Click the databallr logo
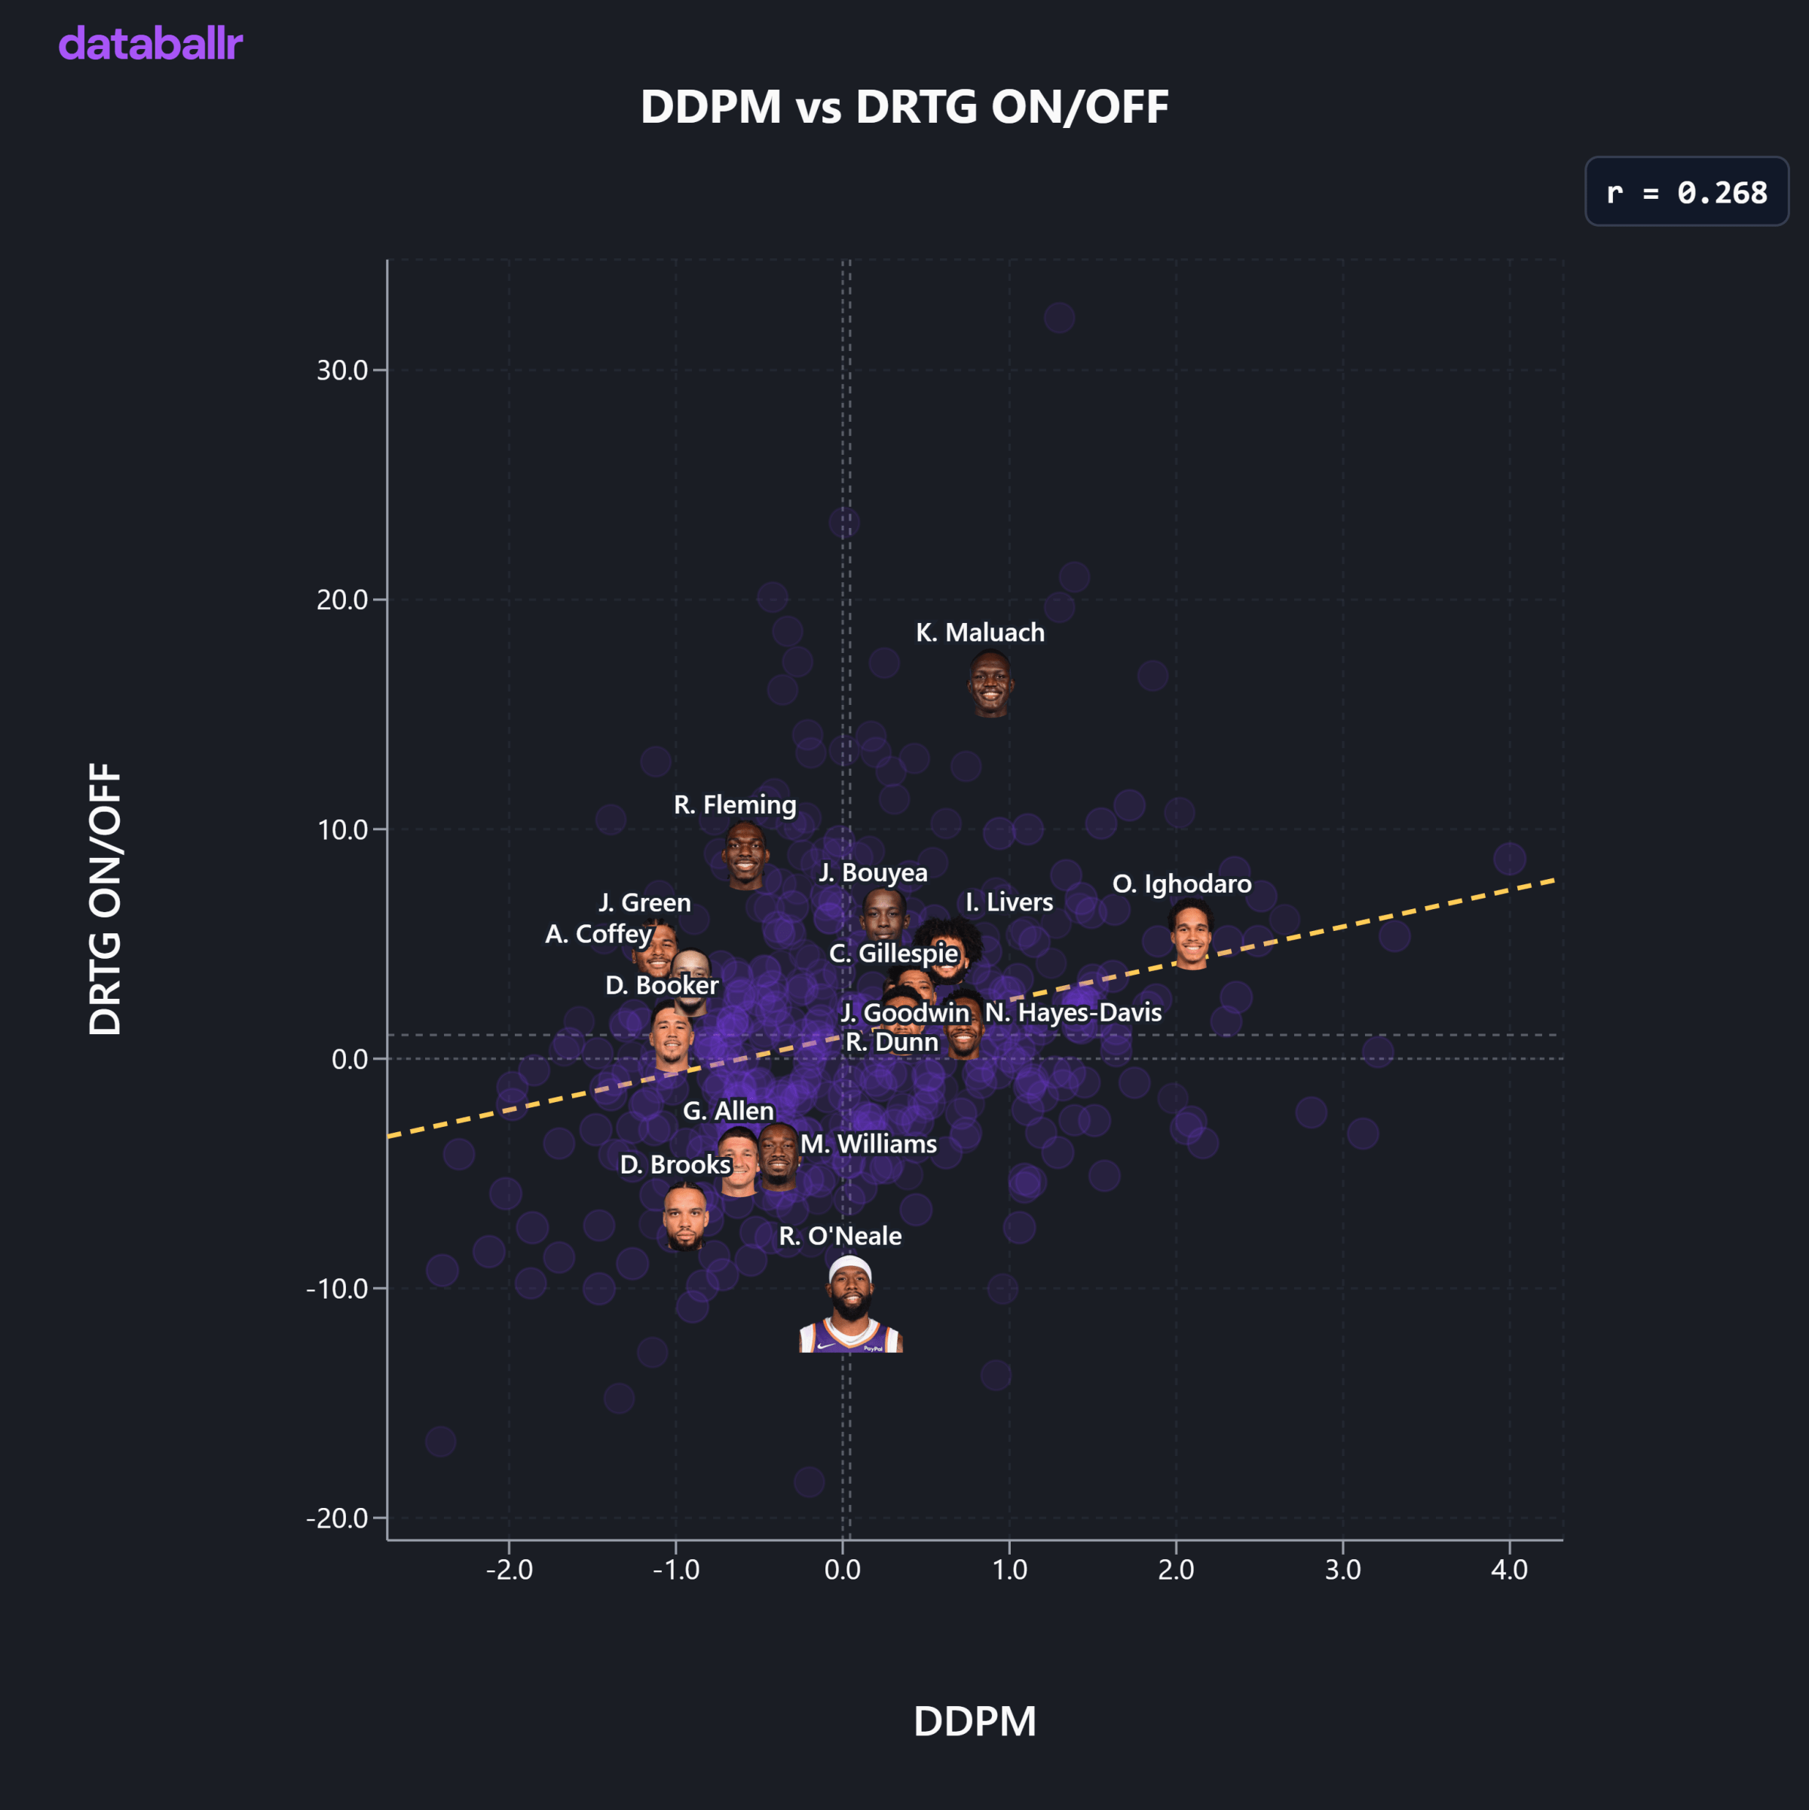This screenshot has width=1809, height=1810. coord(151,44)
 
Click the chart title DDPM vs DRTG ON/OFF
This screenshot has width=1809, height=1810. coord(904,107)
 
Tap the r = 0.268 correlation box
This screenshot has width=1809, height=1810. coord(1685,192)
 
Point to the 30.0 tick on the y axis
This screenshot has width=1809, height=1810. coord(342,370)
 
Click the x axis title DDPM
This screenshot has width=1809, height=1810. coord(974,1722)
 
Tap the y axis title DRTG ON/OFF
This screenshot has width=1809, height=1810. coord(105,899)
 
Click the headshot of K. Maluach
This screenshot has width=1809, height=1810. coord(990,683)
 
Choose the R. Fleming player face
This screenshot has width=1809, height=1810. coord(745,854)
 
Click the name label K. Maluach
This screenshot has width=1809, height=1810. coord(979,633)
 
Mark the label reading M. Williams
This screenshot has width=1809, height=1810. coord(868,1144)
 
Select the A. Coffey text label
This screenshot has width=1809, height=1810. coord(598,934)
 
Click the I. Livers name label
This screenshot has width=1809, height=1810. coord(1009,902)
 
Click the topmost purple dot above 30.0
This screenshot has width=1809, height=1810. coord(1058,318)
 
